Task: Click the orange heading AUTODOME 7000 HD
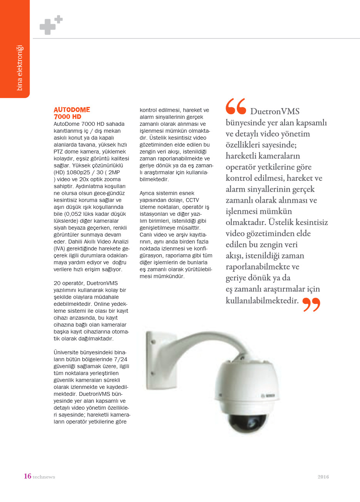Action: (72, 113)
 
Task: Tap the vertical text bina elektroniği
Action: (20, 68)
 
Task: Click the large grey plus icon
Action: (47, 27)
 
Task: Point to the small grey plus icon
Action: (59, 19)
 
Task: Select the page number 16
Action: (27, 476)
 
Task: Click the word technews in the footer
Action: (44, 477)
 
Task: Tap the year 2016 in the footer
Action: (323, 477)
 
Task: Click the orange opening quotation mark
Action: (236, 107)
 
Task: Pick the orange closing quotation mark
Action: (311, 304)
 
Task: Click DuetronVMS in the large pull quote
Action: (275, 112)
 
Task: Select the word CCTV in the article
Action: (193, 200)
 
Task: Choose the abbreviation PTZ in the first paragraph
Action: (58, 152)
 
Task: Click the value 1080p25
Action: (79, 172)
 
